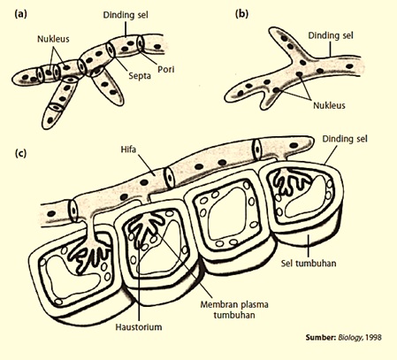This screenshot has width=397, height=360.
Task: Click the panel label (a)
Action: (x=20, y=14)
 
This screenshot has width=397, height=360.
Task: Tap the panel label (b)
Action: (x=241, y=14)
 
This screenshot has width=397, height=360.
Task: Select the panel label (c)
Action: (x=20, y=153)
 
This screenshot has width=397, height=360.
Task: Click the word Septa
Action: (x=140, y=76)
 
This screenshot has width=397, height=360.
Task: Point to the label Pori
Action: (x=166, y=69)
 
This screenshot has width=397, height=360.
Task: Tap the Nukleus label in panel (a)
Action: (x=53, y=39)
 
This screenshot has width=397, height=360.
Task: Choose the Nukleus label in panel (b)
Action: (x=329, y=105)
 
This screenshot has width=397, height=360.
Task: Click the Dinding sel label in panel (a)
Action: (x=126, y=15)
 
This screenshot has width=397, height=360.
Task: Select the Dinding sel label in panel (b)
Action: (x=331, y=35)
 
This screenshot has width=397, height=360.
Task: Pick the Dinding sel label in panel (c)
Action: (x=345, y=139)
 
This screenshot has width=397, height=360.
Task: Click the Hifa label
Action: (x=128, y=149)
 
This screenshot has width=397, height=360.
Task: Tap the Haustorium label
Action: (x=139, y=327)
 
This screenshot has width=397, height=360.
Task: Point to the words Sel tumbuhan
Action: (x=309, y=263)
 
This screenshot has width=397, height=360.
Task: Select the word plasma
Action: (x=254, y=305)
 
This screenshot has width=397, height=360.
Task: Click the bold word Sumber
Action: (x=321, y=337)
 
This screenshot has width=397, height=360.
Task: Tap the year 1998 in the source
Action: (x=373, y=337)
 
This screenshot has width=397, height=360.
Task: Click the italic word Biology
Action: (x=351, y=338)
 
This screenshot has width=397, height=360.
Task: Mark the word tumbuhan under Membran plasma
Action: (x=234, y=315)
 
